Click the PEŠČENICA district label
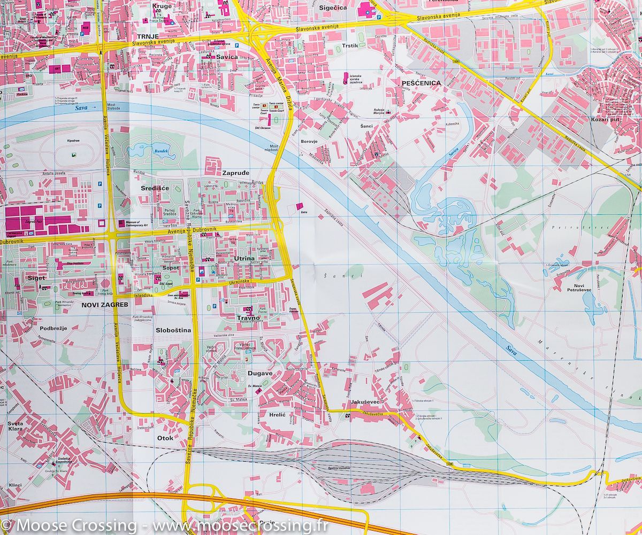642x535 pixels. pos(422,83)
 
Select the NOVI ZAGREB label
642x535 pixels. pos(105,305)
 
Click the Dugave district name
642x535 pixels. pos(260,373)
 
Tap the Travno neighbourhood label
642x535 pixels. pos(248,318)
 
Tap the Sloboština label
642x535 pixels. pos(173,330)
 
